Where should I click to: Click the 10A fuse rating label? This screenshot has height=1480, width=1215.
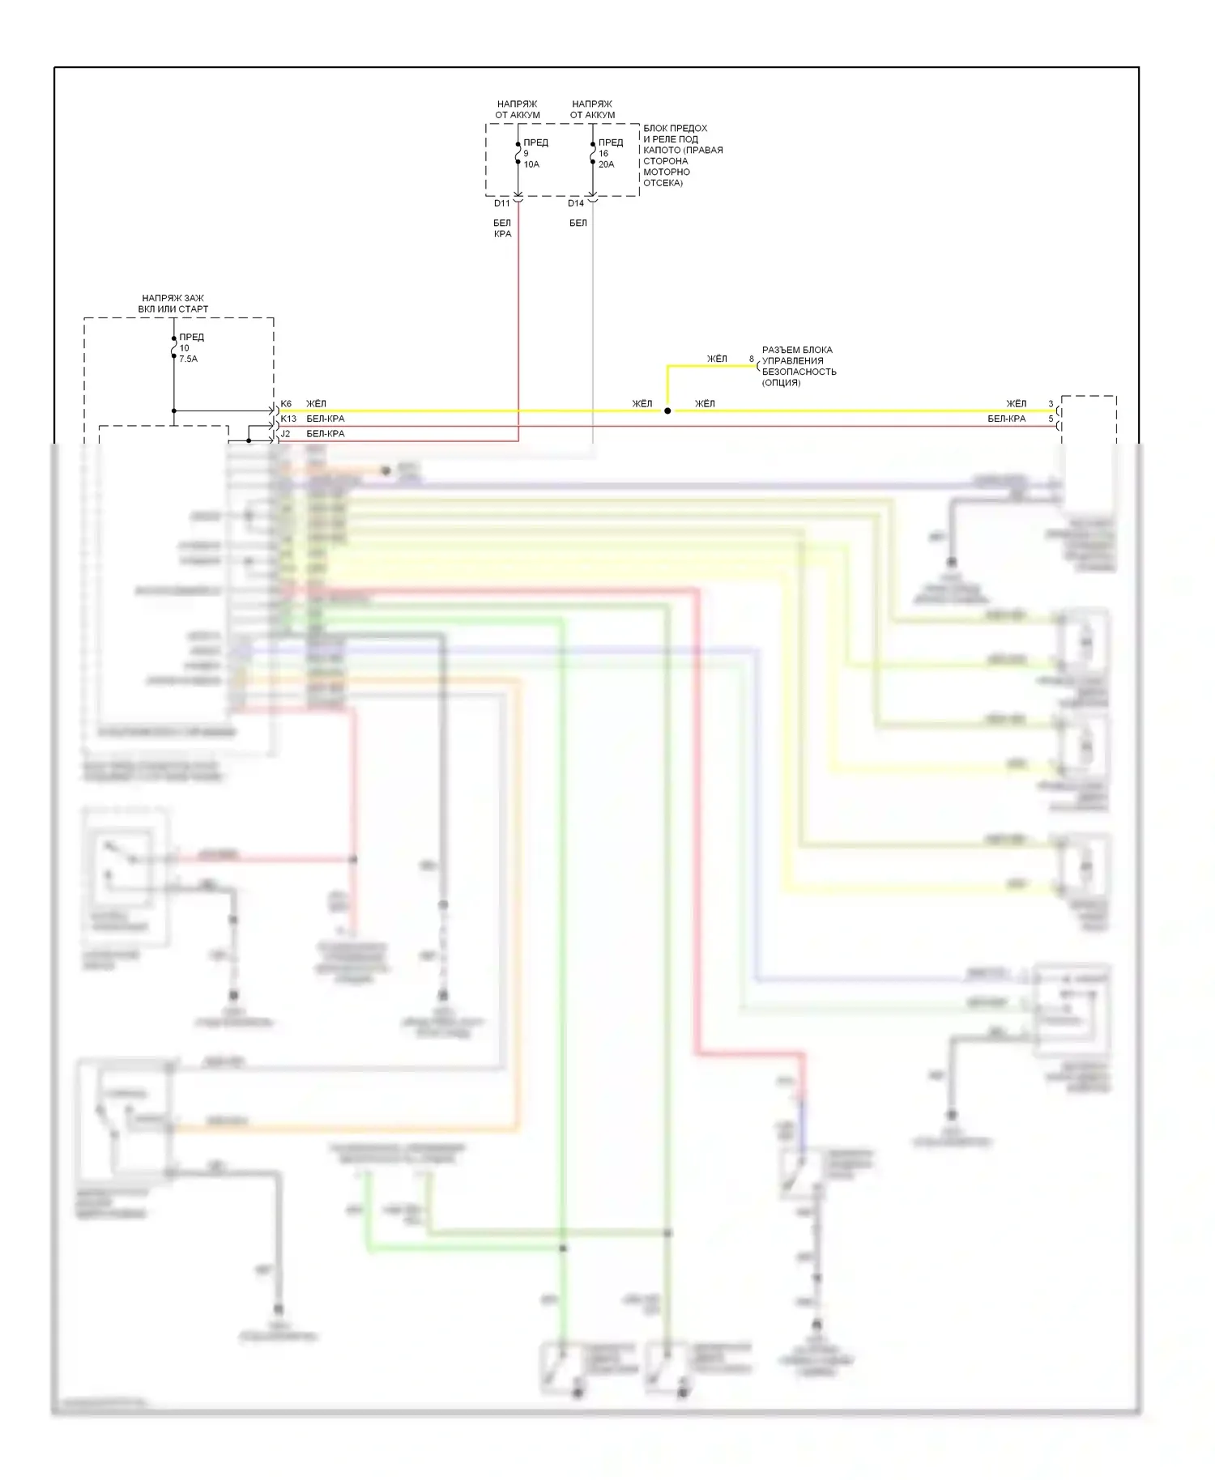tap(531, 164)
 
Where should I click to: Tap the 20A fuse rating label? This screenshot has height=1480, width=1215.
tap(606, 164)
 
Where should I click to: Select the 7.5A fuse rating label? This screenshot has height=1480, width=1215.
tap(188, 359)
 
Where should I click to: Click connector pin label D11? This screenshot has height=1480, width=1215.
tap(502, 203)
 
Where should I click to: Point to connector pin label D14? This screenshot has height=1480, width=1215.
tap(576, 203)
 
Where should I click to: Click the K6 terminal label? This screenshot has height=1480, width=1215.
tap(286, 404)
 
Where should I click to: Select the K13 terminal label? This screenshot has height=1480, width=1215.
tap(288, 419)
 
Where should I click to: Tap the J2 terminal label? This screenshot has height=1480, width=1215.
tap(285, 434)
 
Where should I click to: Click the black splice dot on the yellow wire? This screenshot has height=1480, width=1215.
tap(667, 411)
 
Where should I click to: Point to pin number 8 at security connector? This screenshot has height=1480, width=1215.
tap(752, 359)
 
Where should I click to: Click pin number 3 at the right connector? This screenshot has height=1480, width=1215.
tap(1051, 404)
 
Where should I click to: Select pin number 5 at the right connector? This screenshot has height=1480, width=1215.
tap(1051, 419)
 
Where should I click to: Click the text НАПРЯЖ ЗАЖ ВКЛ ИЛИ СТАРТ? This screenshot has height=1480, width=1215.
tap(173, 304)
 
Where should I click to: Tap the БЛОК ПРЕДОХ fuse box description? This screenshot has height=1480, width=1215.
tap(683, 155)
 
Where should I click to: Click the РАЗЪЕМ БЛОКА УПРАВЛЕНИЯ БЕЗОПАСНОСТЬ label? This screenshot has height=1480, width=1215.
tap(799, 366)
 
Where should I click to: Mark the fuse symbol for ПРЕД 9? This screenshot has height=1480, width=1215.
tap(518, 153)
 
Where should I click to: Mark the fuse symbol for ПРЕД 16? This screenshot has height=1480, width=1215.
tap(593, 153)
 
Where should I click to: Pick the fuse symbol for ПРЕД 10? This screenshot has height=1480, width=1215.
tap(174, 348)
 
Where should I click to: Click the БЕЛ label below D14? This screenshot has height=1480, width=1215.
tap(578, 223)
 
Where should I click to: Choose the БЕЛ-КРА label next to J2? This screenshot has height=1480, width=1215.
tap(326, 434)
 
